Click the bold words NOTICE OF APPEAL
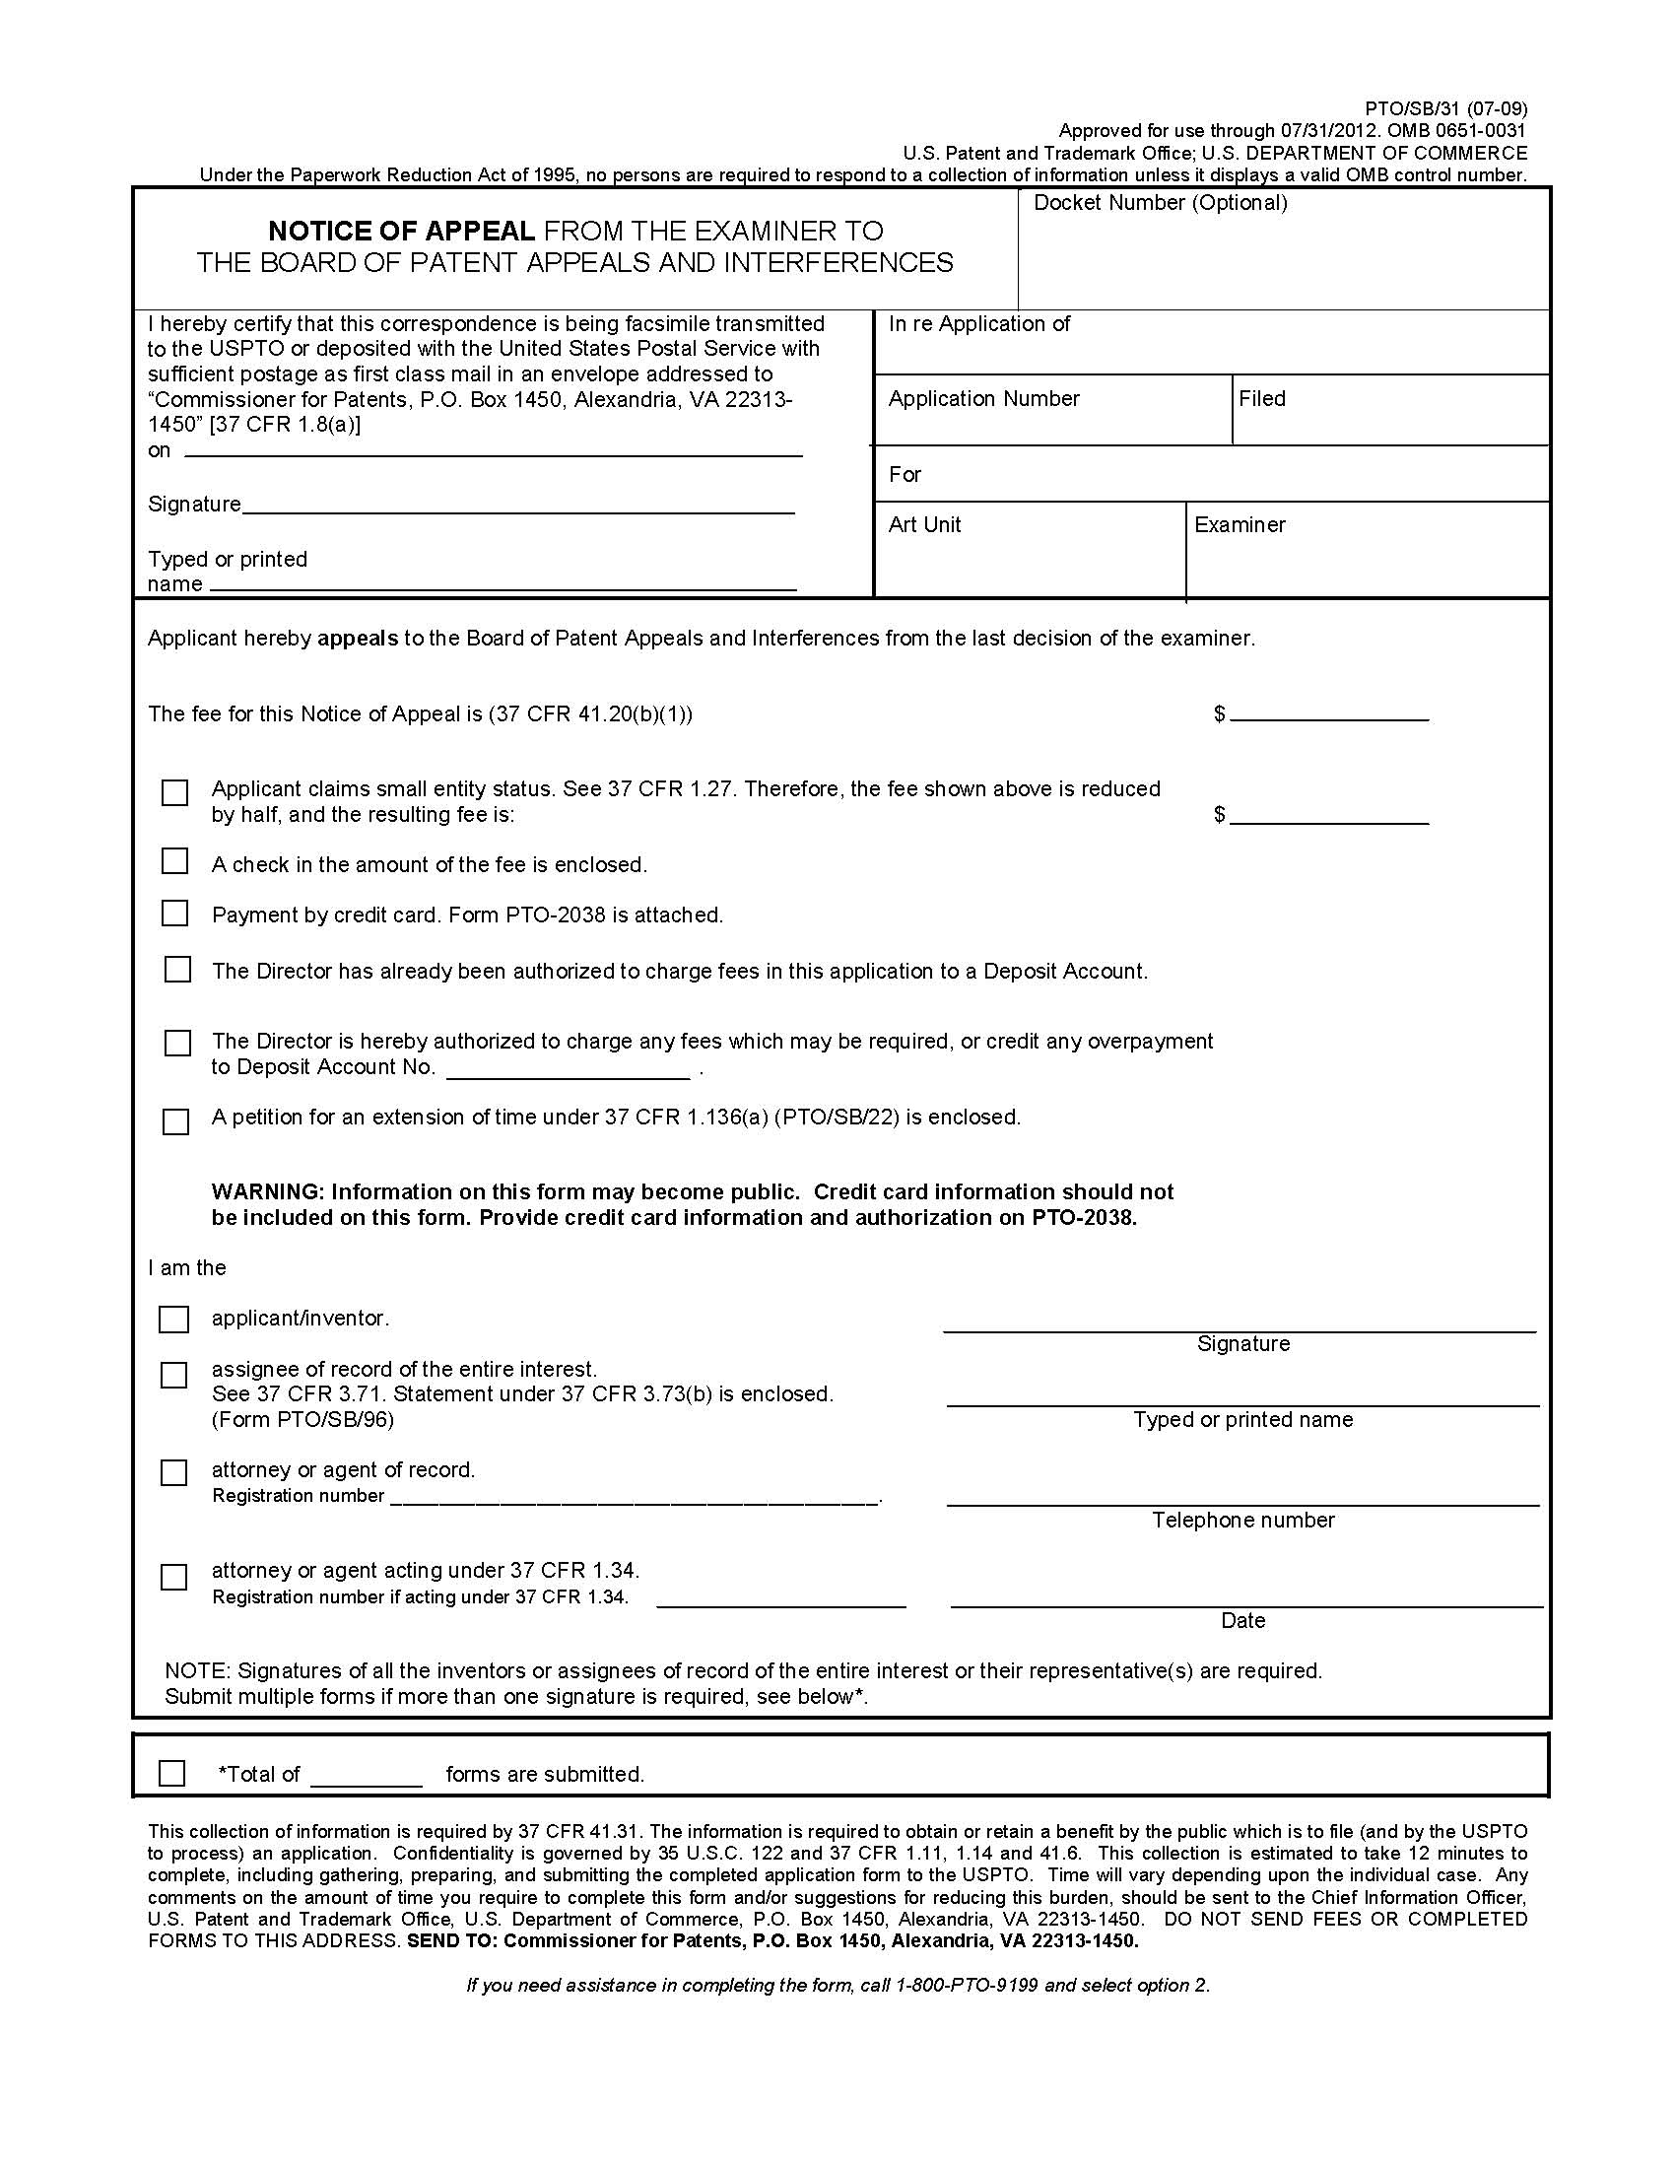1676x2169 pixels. coord(401,231)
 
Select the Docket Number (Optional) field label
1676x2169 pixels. coord(1160,203)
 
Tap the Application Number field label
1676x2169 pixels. coord(983,398)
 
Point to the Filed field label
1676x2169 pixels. coord(1261,398)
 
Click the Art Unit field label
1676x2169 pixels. coord(923,524)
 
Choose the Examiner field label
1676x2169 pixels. coord(1240,524)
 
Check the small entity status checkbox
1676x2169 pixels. coord(174,792)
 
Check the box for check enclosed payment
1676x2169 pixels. coord(174,861)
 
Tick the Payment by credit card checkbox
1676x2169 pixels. coord(174,913)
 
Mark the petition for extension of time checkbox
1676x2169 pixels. coord(175,1121)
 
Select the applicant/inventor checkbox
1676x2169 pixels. coord(173,1319)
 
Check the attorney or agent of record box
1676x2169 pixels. coord(173,1472)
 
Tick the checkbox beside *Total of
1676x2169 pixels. coord(171,1773)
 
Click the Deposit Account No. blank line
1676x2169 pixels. coord(568,1070)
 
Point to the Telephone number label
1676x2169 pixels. coord(1243,1520)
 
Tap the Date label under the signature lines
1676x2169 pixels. coord(1243,1620)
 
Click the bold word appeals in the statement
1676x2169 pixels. coord(358,638)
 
